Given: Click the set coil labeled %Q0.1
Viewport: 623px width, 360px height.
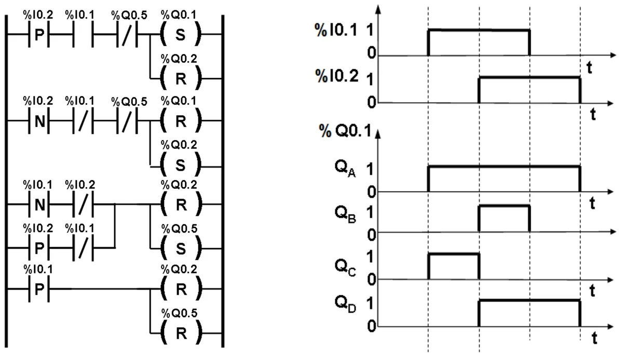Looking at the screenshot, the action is pos(181,34).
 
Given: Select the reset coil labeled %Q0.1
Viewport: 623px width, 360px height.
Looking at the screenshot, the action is pos(181,121).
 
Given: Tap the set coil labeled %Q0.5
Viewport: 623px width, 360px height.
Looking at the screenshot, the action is pos(181,248).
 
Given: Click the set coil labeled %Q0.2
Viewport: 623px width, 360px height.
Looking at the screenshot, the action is pos(181,165).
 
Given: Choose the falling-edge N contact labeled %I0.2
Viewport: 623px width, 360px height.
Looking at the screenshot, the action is pos(39,121).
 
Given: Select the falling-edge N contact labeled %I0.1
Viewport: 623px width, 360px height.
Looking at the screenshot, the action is pos(39,204).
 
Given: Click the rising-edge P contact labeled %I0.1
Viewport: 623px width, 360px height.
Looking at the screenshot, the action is pos(39,289).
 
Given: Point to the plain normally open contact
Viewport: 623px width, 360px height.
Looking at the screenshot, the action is pos(83,34).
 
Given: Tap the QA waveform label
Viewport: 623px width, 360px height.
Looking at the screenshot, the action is pos(345,169).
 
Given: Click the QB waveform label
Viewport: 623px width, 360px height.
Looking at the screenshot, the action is pos(345,215).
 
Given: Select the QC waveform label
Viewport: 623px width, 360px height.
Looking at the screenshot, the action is pos(345,268).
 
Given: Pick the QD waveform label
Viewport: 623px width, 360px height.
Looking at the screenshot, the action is pos(345,304).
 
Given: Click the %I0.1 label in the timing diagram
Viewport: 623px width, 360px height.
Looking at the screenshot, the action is pos(336,30).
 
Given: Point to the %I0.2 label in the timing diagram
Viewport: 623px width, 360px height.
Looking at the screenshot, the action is pos(336,76).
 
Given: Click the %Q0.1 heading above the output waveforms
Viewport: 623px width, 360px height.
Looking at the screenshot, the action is pos(345,130).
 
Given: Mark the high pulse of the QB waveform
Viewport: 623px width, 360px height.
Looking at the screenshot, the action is pos(504,206).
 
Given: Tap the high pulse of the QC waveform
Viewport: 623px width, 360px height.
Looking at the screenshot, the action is pos(454,254).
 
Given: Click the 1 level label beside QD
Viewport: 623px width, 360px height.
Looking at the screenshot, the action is pos(370,303).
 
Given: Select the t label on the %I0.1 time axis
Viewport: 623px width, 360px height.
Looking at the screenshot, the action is pos(589,67).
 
